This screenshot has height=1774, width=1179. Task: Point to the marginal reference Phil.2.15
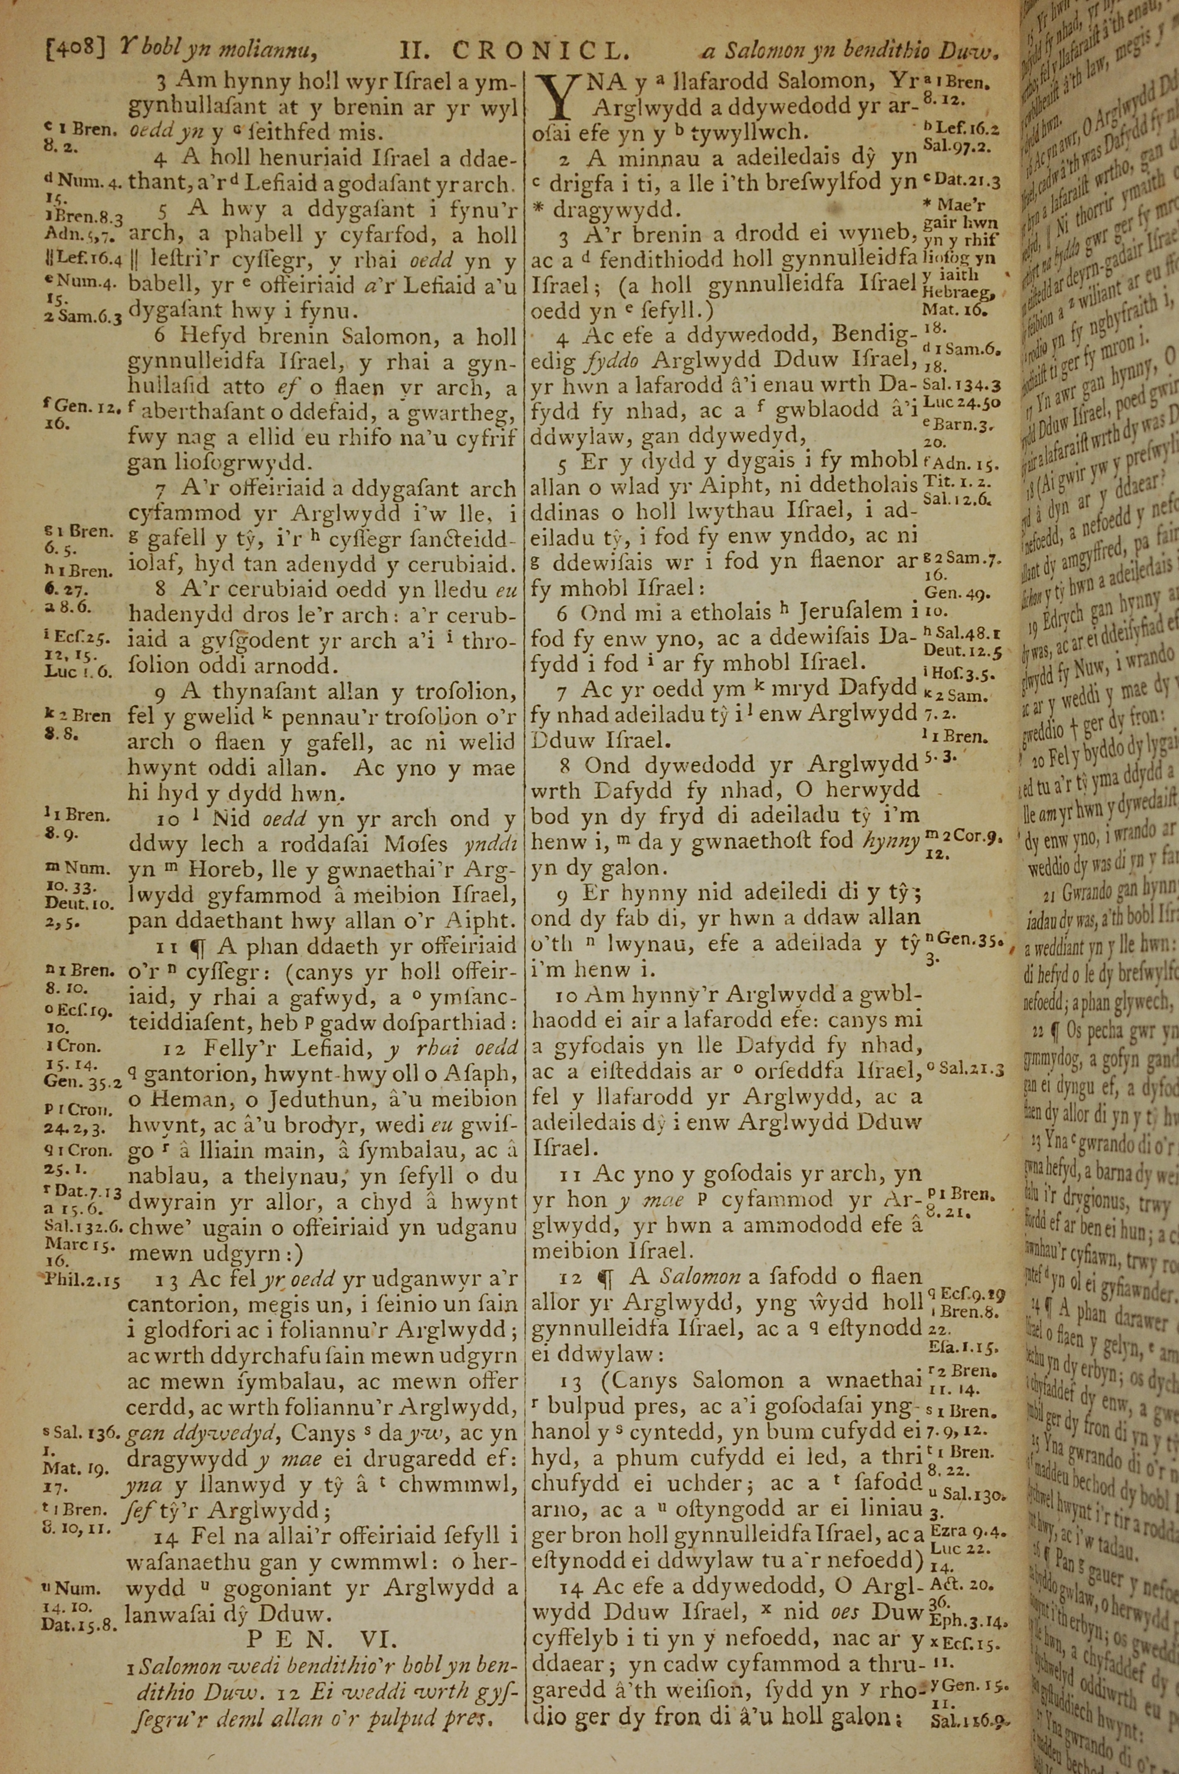(80, 1279)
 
